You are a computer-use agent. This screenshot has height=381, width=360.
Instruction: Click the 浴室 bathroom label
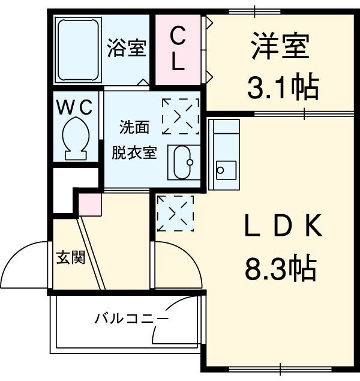[127, 49]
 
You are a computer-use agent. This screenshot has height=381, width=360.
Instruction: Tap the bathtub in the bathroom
[77, 50]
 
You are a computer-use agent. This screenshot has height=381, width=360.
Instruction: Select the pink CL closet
[178, 49]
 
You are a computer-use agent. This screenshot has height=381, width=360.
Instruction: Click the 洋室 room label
[280, 47]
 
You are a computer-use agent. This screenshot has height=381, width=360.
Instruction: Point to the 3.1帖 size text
[282, 88]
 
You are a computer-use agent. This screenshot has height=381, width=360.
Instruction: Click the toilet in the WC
[75, 139]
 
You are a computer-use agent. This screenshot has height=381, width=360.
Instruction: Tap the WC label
[74, 107]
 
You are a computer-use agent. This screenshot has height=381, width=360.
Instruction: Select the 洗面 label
[133, 127]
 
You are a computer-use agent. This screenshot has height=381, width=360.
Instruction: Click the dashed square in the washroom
[180, 115]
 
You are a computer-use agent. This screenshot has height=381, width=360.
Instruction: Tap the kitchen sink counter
[223, 154]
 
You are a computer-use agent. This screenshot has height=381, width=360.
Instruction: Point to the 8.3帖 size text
[280, 268]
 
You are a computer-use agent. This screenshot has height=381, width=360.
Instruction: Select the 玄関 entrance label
[70, 258]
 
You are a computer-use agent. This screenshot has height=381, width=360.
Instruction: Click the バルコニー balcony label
[130, 318]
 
